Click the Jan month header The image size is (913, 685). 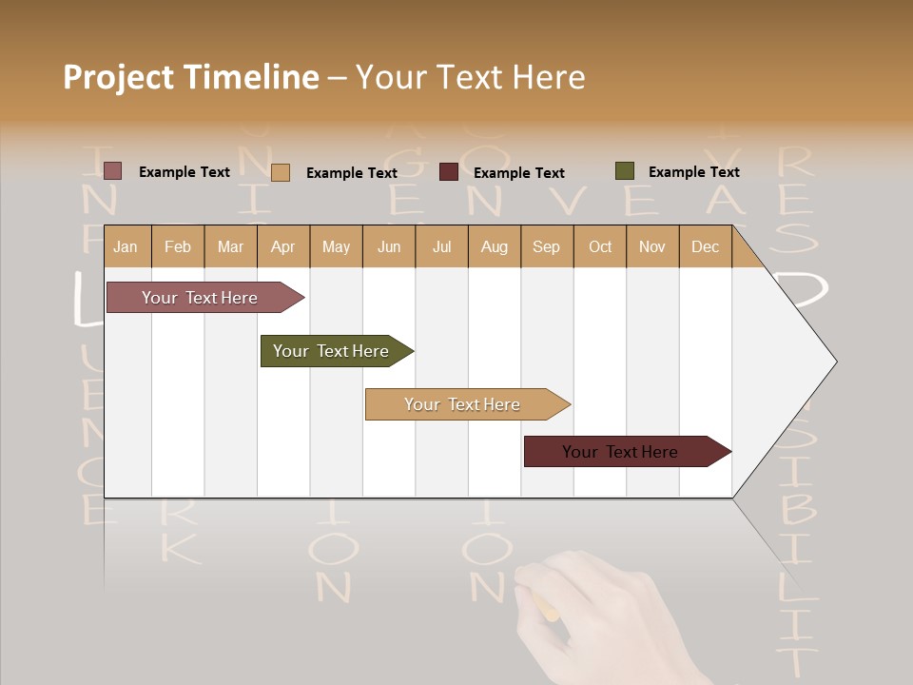[126, 246]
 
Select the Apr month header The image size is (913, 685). [282, 246]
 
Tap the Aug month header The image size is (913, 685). [494, 246]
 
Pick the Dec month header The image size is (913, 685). [705, 246]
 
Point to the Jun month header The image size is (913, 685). [389, 246]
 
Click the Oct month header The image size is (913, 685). [600, 246]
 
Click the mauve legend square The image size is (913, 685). [112, 171]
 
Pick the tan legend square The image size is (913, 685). [281, 172]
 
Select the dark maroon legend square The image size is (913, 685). [449, 172]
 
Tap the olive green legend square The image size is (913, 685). [625, 171]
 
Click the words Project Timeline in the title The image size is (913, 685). [190, 77]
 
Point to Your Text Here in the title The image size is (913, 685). [470, 77]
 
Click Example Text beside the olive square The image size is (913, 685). [693, 172]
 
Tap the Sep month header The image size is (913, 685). [546, 246]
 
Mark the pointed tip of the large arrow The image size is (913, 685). [835, 362]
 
